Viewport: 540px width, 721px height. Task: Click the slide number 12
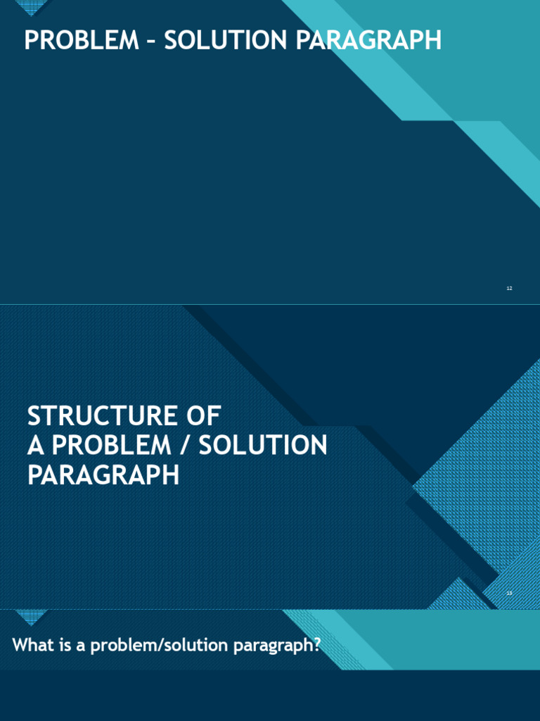click(509, 288)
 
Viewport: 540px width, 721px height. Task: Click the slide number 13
click(509, 593)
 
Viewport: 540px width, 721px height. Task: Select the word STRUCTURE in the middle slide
click(98, 415)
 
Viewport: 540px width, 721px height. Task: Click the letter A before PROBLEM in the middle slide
click(35, 445)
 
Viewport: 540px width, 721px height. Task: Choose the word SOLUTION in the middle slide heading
click(263, 445)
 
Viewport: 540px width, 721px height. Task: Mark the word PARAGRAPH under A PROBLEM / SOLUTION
click(103, 475)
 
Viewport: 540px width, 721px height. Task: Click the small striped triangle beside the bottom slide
click(30, 617)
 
